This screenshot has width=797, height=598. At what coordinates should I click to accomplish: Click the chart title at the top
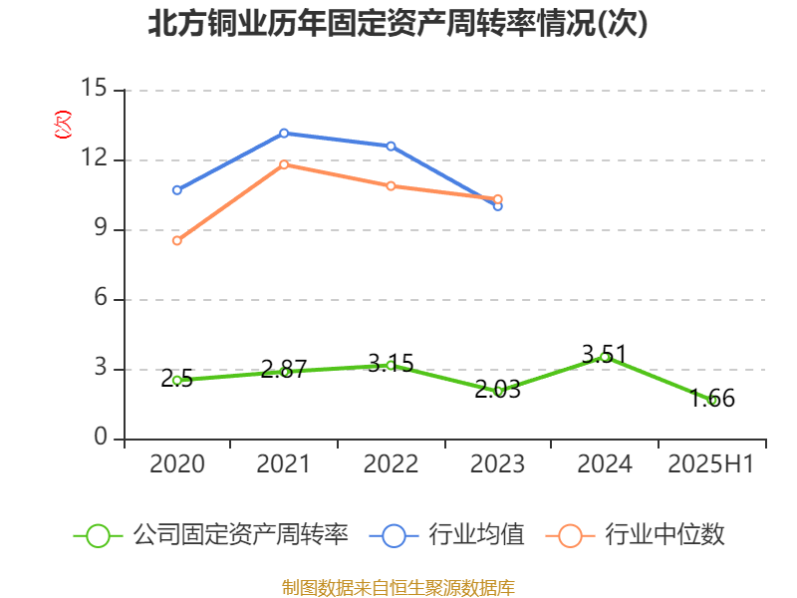tap(398, 24)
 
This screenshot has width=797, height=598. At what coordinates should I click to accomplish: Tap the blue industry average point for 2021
tap(284, 133)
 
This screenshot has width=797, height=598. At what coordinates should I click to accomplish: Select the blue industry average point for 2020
tap(177, 189)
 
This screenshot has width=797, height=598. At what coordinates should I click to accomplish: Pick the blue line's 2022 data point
tap(391, 147)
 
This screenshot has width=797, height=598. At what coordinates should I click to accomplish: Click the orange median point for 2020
tap(177, 240)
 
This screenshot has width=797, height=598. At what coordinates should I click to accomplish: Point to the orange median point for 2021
tap(284, 164)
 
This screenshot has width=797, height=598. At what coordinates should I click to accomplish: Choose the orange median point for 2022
tap(391, 186)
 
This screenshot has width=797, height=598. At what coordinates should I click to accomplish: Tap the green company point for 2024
tap(605, 357)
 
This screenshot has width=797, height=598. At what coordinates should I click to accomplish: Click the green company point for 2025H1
tap(712, 400)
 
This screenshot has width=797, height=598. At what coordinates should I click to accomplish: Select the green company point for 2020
tap(177, 380)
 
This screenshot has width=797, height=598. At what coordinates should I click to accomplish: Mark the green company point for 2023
tap(498, 391)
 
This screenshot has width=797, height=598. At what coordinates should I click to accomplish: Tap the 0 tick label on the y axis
tap(100, 439)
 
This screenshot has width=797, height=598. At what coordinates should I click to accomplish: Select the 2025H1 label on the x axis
tap(711, 464)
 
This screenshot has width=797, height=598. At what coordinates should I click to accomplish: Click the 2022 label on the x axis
tap(391, 464)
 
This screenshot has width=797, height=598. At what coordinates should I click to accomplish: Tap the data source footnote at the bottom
tap(398, 587)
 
